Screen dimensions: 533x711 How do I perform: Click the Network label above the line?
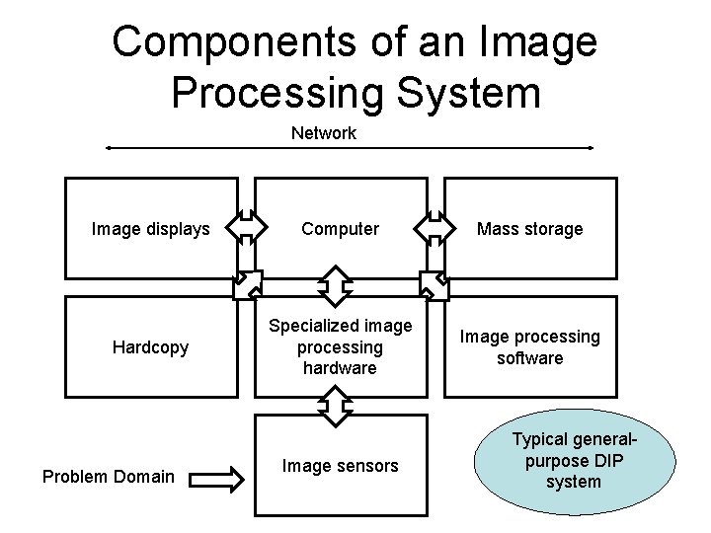[323, 133]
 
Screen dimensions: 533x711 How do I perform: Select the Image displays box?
[151, 229]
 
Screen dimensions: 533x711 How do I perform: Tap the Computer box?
[340, 229]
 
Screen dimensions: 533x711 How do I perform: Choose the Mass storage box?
[529, 229]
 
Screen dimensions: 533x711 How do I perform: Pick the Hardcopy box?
[151, 347]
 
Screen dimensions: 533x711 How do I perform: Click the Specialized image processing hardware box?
[340, 346]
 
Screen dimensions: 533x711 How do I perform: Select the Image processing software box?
[529, 346]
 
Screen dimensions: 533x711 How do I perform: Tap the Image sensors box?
[340, 465]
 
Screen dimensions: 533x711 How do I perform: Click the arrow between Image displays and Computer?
[247, 227]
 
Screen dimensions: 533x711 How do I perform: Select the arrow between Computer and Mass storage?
[434, 227]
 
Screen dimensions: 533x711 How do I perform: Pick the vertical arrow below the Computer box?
[337, 285]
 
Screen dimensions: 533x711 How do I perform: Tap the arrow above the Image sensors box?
[337, 405]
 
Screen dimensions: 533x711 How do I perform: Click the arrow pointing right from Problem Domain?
[214, 480]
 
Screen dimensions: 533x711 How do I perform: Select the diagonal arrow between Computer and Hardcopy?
[248, 284]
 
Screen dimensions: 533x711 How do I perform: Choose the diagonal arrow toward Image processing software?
[434, 284]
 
